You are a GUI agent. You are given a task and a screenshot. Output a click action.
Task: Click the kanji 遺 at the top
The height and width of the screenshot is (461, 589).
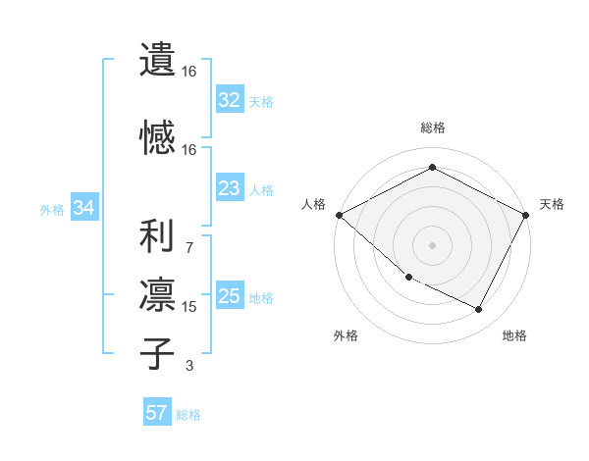[x=157, y=59]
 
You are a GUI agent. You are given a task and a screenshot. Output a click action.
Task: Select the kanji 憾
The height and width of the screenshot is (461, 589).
[x=157, y=135]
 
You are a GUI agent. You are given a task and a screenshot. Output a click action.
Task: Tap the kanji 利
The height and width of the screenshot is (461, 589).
[x=157, y=236]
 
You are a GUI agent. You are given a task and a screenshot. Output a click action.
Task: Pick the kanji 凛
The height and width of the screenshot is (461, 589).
[x=157, y=294]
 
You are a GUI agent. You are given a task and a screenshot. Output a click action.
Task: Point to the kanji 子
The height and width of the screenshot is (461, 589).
[x=157, y=353]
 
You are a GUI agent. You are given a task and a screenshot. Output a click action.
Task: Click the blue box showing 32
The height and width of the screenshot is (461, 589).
[x=230, y=100]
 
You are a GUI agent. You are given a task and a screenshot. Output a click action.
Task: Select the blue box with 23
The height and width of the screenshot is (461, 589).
[x=230, y=189]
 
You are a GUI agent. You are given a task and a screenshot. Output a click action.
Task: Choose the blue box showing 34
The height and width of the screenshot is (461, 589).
[x=83, y=208]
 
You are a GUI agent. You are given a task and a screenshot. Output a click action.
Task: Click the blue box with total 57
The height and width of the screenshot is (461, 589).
[x=157, y=413]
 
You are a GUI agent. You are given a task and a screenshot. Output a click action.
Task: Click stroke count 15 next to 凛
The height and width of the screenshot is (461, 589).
[x=189, y=307]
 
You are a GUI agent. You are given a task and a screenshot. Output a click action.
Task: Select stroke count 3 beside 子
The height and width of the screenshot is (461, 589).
[x=189, y=366]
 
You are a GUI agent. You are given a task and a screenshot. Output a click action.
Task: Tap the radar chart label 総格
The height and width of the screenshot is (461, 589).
[x=433, y=128]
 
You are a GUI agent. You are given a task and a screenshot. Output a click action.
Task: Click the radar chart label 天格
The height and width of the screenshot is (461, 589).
[x=553, y=204]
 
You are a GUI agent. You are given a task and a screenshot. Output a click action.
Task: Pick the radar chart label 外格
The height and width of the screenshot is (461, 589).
[x=346, y=335]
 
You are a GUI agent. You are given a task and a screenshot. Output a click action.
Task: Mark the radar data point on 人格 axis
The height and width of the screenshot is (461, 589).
[x=339, y=215]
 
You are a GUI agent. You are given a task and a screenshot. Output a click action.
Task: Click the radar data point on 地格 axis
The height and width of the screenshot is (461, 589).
[x=479, y=310]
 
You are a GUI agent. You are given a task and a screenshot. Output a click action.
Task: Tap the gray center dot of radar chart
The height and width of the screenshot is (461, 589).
[x=433, y=245]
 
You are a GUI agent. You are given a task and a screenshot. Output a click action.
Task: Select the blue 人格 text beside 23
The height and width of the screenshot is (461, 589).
[x=261, y=190]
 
